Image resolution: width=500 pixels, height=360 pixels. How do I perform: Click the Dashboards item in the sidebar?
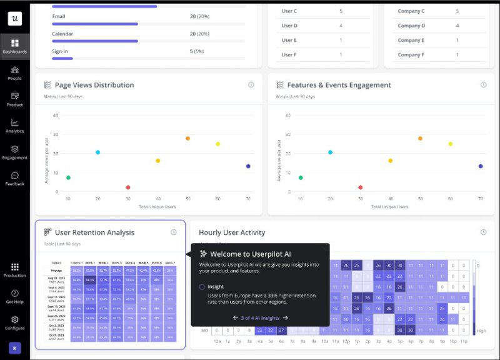pyautogui.click(x=14, y=46)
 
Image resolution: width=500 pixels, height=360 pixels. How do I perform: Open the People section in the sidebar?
pyautogui.click(x=14, y=73)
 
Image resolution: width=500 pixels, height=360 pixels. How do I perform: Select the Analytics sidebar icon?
pyautogui.click(x=14, y=126)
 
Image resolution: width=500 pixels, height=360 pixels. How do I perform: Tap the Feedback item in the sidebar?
pyautogui.click(x=14, y=178)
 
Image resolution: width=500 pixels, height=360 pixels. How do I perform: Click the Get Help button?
pyautogui.click(x=14, y=296)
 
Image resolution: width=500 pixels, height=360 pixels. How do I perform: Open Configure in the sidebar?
pyautogui.click(x=14, y=322)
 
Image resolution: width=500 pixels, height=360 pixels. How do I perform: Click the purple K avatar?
pyautogui.click(x=14, y=347)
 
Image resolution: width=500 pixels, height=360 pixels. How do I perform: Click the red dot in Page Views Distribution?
pyautogui.click(x=128, y=187)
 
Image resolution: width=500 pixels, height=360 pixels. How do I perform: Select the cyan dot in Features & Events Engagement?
pyautogui.click(x=331, y=152)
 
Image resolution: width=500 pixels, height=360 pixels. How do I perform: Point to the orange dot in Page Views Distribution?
pyautogui.click(x=187, y=138)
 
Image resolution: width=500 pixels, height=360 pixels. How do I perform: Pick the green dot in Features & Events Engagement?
pyautogui.click(x=301, y=178)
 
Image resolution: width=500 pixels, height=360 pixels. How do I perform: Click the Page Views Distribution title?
pyautogui.click(x=94, y=85)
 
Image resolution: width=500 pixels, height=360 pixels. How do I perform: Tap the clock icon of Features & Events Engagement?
pyautogui.click(x=483, y=85)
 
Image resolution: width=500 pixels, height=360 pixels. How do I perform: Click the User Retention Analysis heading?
pyautogui.click(x=94, y=232)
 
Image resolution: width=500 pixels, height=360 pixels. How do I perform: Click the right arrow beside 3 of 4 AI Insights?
pyautogui.click(x=285, y=318)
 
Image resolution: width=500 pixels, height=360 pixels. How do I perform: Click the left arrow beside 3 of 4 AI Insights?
pyautogui.click(x=236, y=318)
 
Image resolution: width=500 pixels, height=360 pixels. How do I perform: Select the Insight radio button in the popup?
pyautogui.click(x=202, y=287)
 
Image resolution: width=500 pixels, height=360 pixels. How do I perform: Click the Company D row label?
pyautogui.click(x=411, y=26)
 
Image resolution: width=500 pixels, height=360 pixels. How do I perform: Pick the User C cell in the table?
pyautogui.click(x=289, y=11)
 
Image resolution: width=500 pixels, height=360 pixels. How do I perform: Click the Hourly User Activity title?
pyautogui.click(x=232, y=232)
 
